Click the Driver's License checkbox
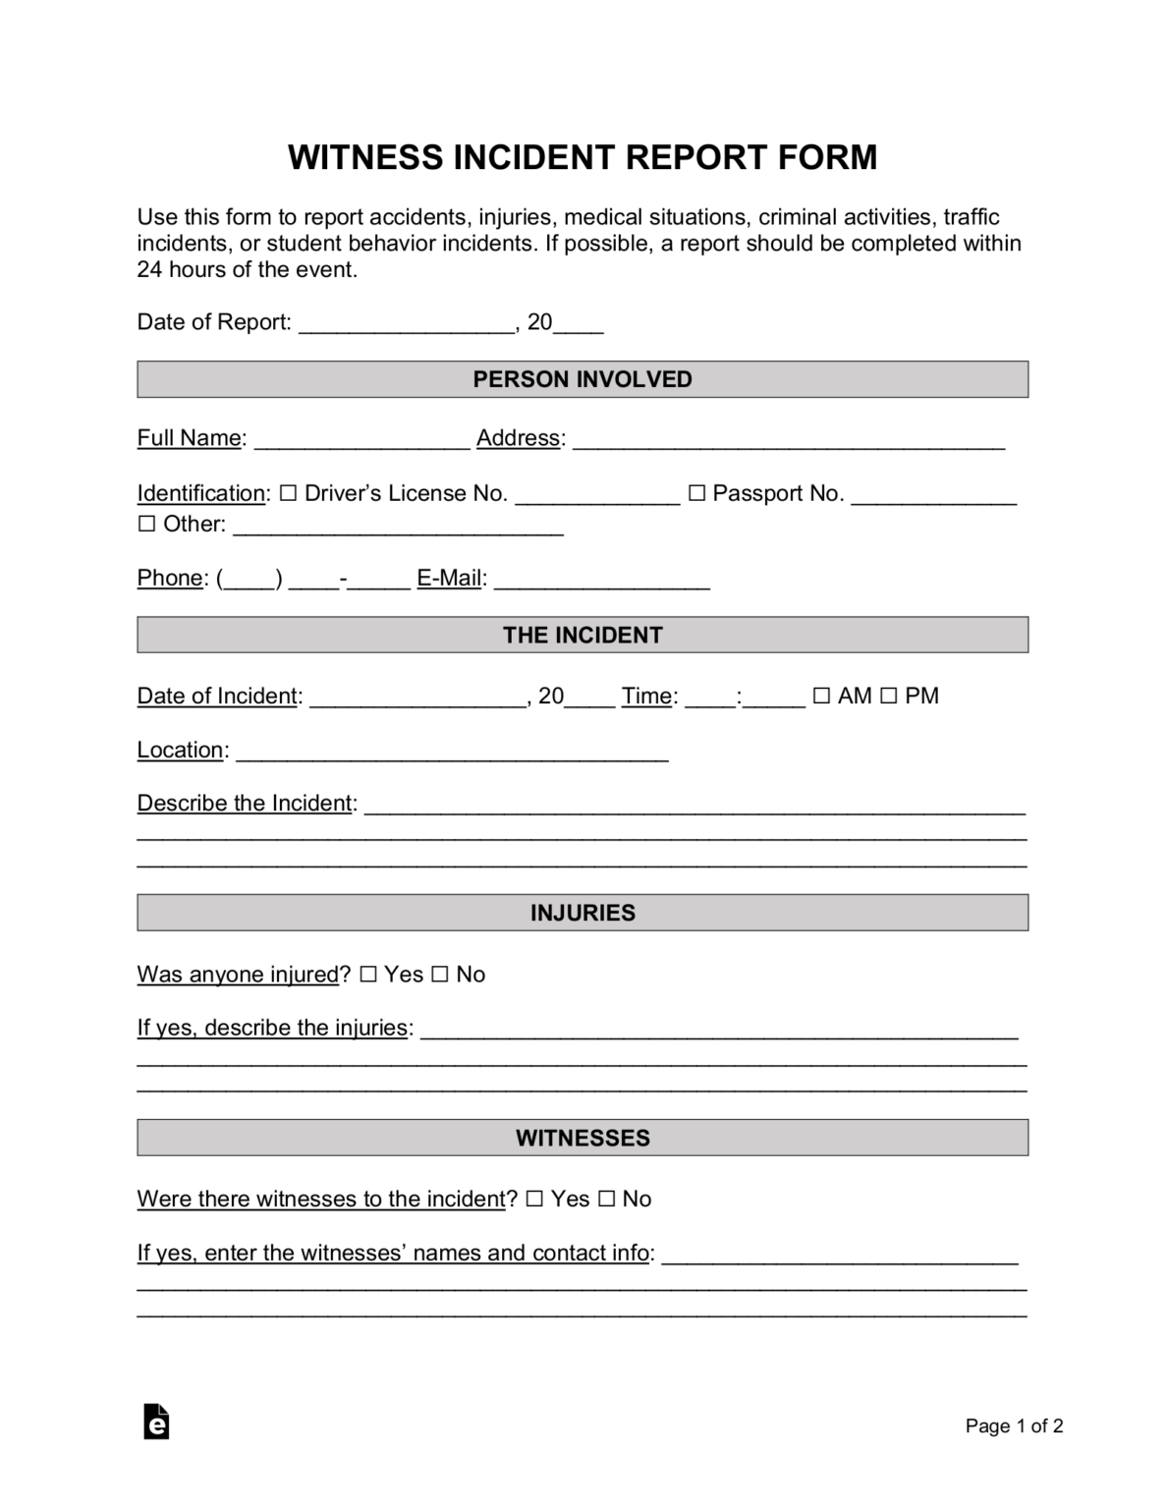pos(288,494)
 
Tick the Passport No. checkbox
pos(696,494)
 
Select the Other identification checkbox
pos(146,525)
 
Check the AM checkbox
pos(821,697)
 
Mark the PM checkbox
pos(888,697)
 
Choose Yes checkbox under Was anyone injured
pos(368,975)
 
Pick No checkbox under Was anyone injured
pos(440,975)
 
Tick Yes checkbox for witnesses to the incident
pos(534,1200)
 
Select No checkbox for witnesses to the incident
pos(606,1200)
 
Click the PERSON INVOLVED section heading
pos(583,379)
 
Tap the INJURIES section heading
pos(583,913)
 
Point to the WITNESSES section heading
pos(583,1138)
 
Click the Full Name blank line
pos(361,440)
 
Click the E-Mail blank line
pos(601,580)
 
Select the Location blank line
pos(452,752)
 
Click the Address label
pos(518,438)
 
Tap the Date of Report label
pos(213,322)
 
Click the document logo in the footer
pos(156,1422)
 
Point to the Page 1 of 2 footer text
pos(1014,1426)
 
